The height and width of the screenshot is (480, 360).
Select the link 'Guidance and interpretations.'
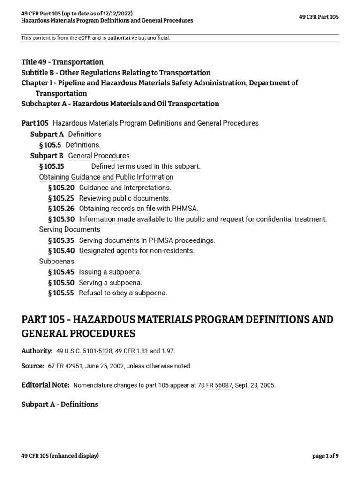(x=125, y=187)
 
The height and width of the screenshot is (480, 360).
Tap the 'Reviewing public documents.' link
(x=125, y=198)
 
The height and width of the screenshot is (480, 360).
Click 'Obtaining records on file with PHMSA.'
(x=139, y=209)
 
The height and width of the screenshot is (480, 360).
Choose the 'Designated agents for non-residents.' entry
(x=137, y=251)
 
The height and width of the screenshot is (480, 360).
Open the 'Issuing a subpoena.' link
(x=110, y=272)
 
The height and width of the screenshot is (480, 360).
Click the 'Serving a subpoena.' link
(x=111, y=283)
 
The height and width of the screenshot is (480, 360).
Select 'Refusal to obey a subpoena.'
(x=123, y=293)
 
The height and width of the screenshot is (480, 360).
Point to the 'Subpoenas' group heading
(x=56, y=261)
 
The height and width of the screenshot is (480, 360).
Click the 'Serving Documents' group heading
(x=69, y=230)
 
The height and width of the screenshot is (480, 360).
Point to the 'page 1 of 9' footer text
(x=325, y=456)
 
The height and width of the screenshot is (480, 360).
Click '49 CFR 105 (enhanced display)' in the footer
(x=60, y=456)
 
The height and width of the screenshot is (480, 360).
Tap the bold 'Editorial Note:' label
(x=45, y=385)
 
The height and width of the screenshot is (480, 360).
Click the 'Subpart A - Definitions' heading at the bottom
(x=60, y=404)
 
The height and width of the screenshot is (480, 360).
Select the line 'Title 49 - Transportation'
(x=62, y=62)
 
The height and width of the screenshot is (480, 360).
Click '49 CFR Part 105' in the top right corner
(x=318, y=17)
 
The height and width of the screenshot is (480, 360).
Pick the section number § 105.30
(x=61, y=219)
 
